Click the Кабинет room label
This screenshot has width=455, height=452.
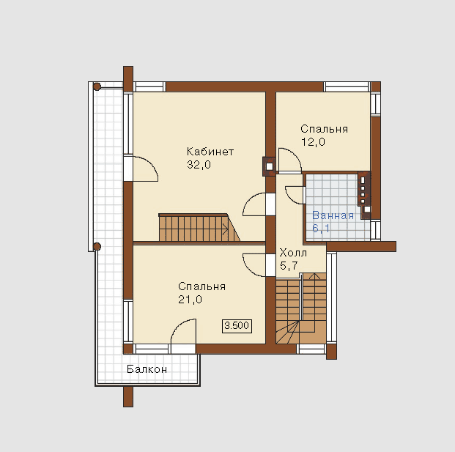pos(210,152)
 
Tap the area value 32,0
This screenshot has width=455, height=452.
pos(199,165)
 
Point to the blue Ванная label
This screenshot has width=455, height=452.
pos(333,215)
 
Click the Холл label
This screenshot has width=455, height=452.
pos(293,253)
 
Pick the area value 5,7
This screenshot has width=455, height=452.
pos(289,266)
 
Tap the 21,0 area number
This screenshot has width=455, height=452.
pos(190,300)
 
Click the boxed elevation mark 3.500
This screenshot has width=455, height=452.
pos(237,326)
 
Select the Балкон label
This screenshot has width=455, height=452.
pos(147,369)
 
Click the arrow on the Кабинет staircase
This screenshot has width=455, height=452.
pos(225,229)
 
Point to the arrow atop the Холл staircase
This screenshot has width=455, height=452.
pos(314,276)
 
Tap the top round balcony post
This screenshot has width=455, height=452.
pos(97,86)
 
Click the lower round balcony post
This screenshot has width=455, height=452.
pos(97,247)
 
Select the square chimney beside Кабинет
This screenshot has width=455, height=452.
pos(270,166)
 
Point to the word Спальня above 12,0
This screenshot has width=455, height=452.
pos(324,129)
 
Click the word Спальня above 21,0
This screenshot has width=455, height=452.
pos(201,286)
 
